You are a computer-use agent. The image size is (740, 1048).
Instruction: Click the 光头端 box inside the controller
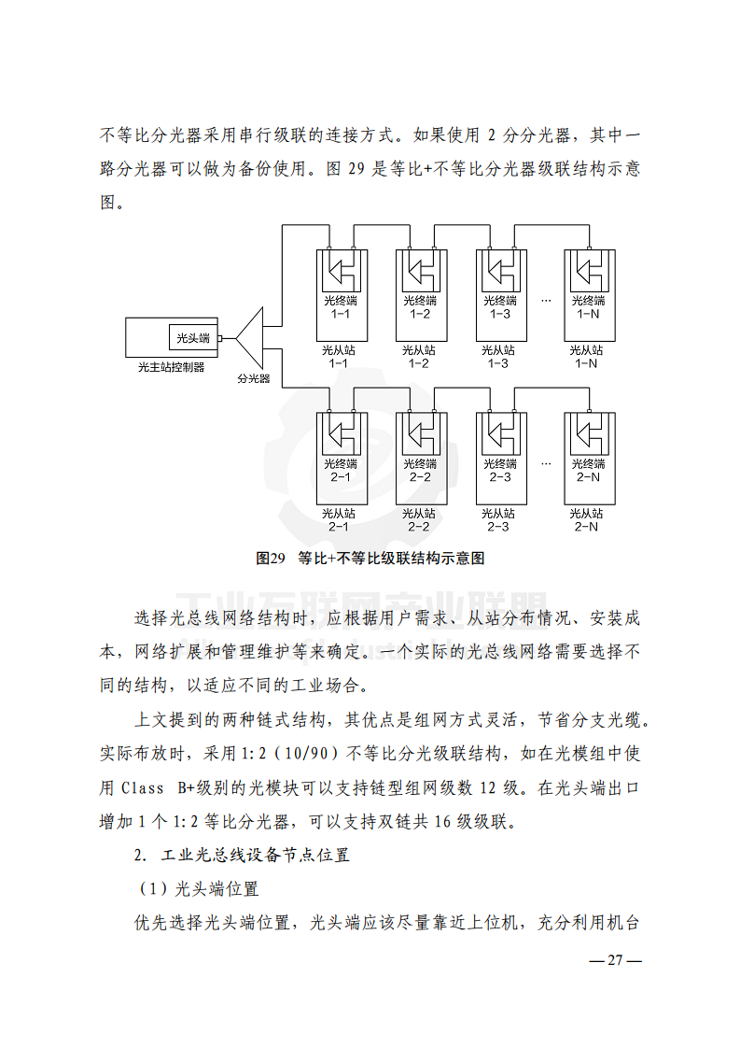(x=193, y=338)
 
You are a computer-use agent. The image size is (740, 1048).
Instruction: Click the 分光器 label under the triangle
(x=253, y=379)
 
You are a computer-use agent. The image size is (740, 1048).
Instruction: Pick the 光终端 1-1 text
(x=341, y=306)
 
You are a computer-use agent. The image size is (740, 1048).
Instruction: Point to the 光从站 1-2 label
(x=420, y=357)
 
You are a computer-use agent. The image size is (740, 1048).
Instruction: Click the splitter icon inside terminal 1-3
(x=500, y=273)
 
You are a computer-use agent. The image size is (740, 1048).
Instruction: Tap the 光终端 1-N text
(x=588, y=306)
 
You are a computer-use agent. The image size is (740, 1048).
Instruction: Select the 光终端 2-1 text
(x=341, y=470)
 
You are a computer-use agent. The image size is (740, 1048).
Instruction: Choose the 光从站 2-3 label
(x=499, y=520)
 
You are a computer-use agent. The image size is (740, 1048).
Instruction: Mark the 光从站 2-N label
(x=587, y=520)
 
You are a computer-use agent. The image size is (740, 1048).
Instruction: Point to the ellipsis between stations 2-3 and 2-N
(x=546, y=463)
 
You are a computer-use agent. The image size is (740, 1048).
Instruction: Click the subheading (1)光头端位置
(x=197, y=889)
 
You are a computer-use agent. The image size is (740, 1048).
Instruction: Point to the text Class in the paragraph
(x=144, y=787)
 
